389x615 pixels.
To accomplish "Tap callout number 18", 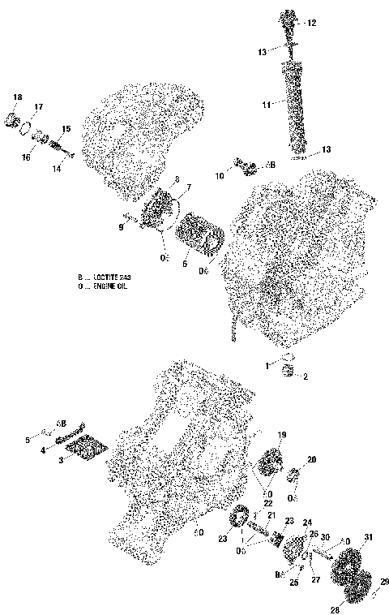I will click(18, 97).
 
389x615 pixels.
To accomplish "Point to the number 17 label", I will click(38, 107).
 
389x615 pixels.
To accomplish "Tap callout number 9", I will click(120, 228).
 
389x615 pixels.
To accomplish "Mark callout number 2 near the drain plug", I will click(306, 376).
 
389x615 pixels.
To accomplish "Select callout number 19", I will click(282, 436).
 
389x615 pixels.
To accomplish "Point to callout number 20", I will click(311, 459).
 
